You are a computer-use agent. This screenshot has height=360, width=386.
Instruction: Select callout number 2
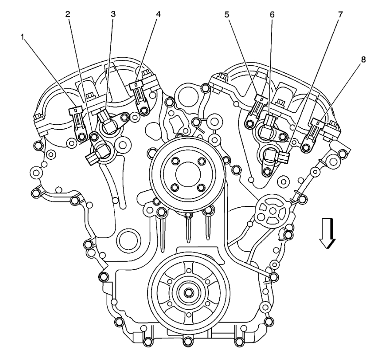point(68,14)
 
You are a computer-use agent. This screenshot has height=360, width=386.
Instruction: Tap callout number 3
point(113,14)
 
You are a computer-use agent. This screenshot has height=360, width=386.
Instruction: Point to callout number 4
point(158,14)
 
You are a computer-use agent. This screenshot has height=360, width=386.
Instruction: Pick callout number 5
point(226,14)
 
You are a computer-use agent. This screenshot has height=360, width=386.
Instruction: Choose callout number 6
point(272,14)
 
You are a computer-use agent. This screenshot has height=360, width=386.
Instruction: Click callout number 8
point(363,59)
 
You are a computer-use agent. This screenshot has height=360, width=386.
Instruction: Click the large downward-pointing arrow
point(327,233)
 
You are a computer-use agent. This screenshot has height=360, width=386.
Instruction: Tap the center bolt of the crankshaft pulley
point(188,292)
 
